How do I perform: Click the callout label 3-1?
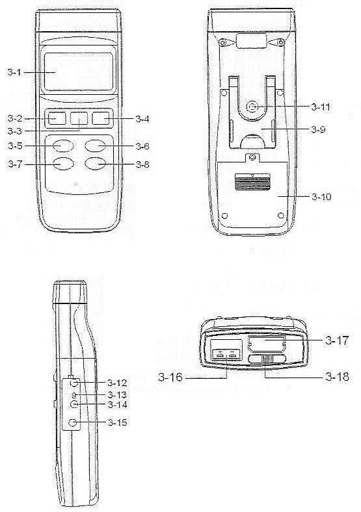click(14, 72)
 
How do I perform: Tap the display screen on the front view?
click(79, 71)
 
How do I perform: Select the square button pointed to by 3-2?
click(57, 118)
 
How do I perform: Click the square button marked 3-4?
click(100, 118)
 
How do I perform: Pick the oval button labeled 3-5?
click(63, 146)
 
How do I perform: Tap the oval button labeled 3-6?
click(95, 146)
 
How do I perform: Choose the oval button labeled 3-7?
click(63, 164)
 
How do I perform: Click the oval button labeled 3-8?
click(95, 164)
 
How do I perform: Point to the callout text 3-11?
click(321, 107)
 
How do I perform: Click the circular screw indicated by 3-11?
click(253, 106)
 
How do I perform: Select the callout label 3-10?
click(321, 197)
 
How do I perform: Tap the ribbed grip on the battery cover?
click(252, 182)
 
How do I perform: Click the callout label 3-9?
click(319, 130)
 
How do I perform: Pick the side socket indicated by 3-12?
click(75, 383)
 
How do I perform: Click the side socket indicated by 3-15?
click(74, 423)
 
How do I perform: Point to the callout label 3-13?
click(117, 395)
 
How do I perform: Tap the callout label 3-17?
click(337, 340)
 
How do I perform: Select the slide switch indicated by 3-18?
click(267, 359)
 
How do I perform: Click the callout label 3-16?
click(170, 377)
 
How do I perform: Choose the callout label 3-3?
click(14, 131)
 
